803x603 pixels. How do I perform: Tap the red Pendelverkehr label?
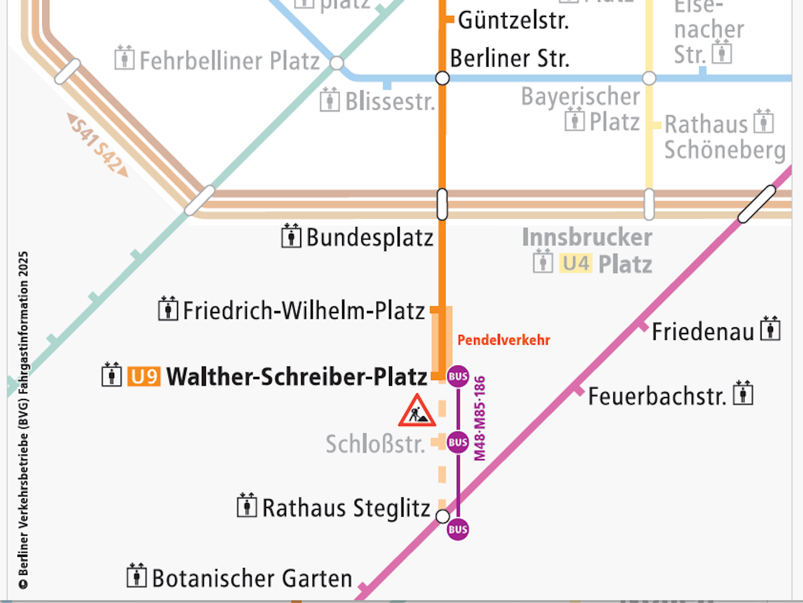[x=504, y=340]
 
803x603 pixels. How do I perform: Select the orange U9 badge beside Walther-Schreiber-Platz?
[x=144, y=377]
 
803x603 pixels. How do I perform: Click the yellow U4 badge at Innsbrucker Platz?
[x=576, y=264]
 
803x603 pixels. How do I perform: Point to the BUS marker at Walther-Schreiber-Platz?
[x=458, y=377]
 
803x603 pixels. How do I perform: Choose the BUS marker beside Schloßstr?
[x=458, y=442]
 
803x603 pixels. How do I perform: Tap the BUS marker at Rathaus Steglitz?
[x=458, y=529]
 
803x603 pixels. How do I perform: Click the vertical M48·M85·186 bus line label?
[x=480, y=418]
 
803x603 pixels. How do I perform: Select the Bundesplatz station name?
[x=370, y=238]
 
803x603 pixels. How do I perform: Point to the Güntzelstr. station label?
[x=513, y=21]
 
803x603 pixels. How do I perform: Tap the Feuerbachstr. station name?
[x=657, y=396]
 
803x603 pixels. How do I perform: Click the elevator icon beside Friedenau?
[x=770, y=329]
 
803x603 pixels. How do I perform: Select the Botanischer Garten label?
[x=252, y=578]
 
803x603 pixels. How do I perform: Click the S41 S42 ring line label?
[x=98, y=144]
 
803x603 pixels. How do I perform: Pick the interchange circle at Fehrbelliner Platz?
[x=337, y=63]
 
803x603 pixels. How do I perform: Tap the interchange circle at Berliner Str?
[x=442, y=78]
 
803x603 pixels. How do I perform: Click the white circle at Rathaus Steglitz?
[x=443, y=516]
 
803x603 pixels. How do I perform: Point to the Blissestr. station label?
[x=390, y=102]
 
